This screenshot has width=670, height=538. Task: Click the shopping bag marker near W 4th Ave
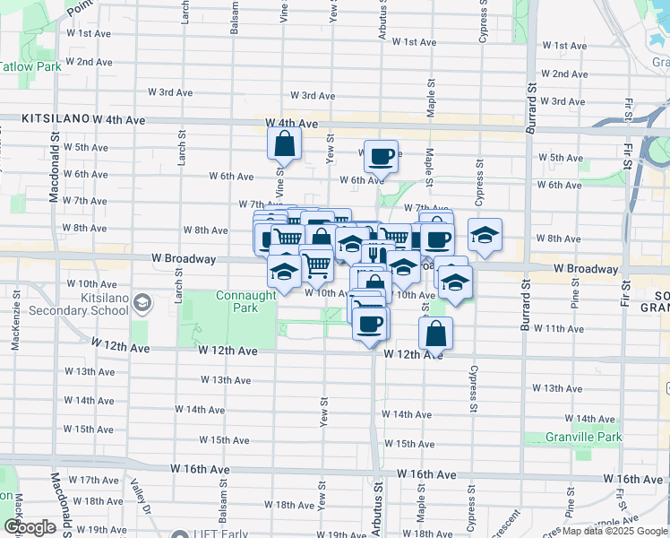click(x=284, y=143)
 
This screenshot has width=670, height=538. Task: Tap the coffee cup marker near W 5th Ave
click(x=381, y=156)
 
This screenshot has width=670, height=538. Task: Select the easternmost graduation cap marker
click(x=485, y=236)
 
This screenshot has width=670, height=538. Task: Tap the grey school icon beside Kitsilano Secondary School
click(x=142, y=303)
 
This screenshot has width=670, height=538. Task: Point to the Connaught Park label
click(x=236, y=301)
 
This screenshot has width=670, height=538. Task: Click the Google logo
click(x=30, y=527)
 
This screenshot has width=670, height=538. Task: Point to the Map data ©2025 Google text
click(x=615, y=531)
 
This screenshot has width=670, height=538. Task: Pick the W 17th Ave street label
click(x=93, y=480)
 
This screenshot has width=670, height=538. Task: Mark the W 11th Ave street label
click(x=559, y=329)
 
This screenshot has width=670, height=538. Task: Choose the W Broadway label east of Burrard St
click(x=586, y=268)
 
